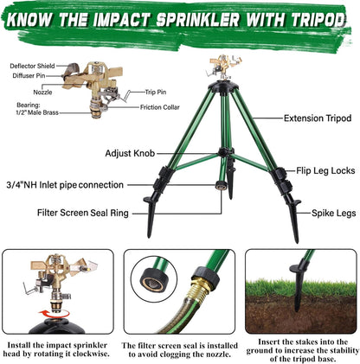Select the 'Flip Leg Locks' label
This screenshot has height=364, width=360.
[325, 171]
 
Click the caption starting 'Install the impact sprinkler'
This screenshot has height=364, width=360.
[59, 347]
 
